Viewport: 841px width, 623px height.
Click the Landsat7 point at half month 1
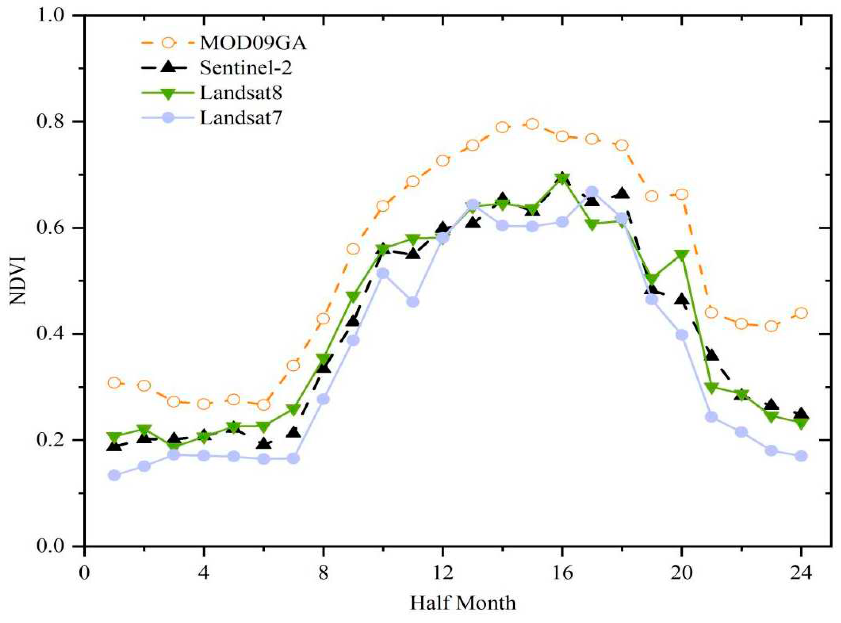(x=114, y=475)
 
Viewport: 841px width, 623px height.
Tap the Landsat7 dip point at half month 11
(x=413, y=302)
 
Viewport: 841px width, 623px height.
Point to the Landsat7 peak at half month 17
(x=592, y=191)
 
